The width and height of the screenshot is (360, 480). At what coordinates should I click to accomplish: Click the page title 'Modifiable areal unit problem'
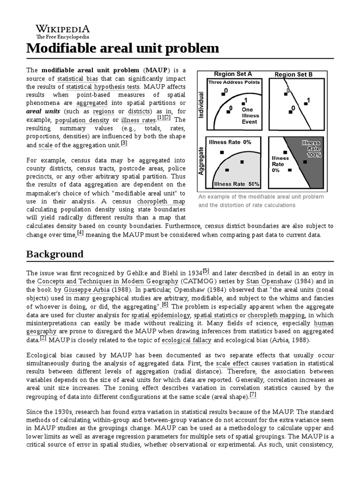coord(122,48)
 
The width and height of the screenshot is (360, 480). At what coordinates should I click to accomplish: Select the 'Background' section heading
coord(55,254)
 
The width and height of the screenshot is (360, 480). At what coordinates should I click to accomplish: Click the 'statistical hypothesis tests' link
coord(103,87)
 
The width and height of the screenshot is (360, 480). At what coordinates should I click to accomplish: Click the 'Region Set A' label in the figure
coord(233,74)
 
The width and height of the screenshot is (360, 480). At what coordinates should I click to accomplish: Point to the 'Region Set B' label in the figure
coord(293,74)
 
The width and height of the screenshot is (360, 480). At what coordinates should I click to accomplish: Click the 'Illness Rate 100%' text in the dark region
coord(311,148)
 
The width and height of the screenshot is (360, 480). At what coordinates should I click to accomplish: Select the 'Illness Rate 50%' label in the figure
coord(236,184)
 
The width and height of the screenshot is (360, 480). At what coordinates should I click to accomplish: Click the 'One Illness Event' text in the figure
coord(250,115)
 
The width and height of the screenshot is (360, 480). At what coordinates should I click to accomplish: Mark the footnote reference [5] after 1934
coord(206,271)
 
